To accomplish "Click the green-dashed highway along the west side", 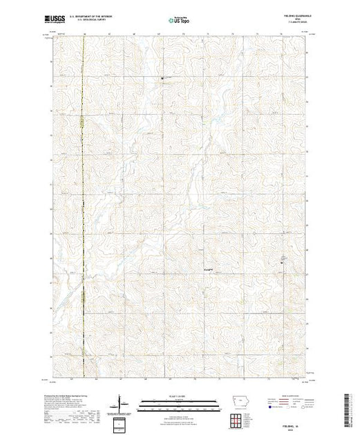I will [x=82, y=207].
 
